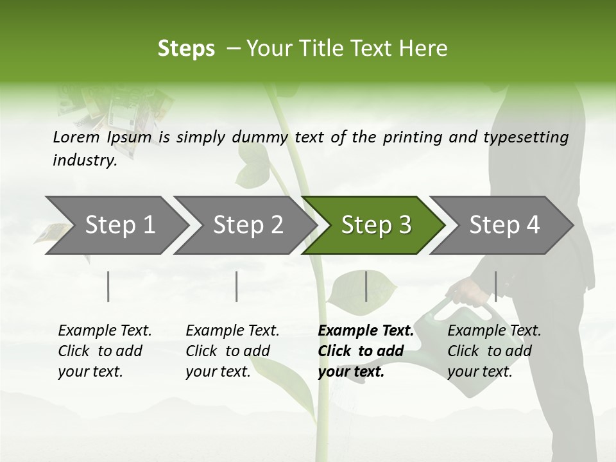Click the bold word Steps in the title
[x=186, y=49]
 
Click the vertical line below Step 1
[x=108, y=286]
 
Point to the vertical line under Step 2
[x=237, y=286]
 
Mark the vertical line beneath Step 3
[x=366, y=286]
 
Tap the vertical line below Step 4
[x=495, y=286]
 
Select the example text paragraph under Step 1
[x=105, y=351]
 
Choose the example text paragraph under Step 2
[x=232, y=351]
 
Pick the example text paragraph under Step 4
[x=494, y=351]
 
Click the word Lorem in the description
[x=76, y=137]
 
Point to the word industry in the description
[x=85, y=160]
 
